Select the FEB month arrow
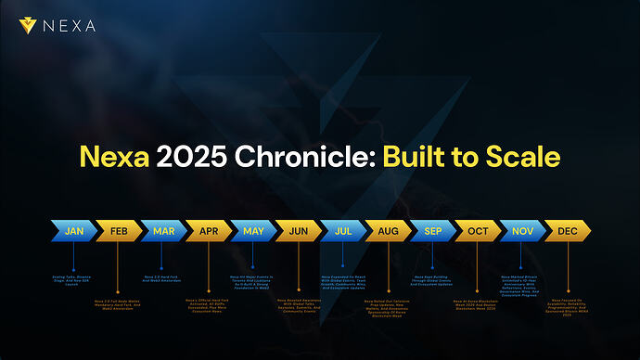[x=118, y=229]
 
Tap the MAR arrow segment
[x=162, y=229]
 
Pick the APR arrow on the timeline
[x=207, y=229]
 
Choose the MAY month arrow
[x=252, y=229]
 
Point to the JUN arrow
[x=297, y=229]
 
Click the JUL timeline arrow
[x=342, y=229]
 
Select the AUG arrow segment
[x=387, y=229]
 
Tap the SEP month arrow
[x=432, y=229]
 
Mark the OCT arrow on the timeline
[x=477, y=229]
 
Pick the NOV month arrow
[x=521, y=229]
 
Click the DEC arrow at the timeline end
[x=566, y=229]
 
